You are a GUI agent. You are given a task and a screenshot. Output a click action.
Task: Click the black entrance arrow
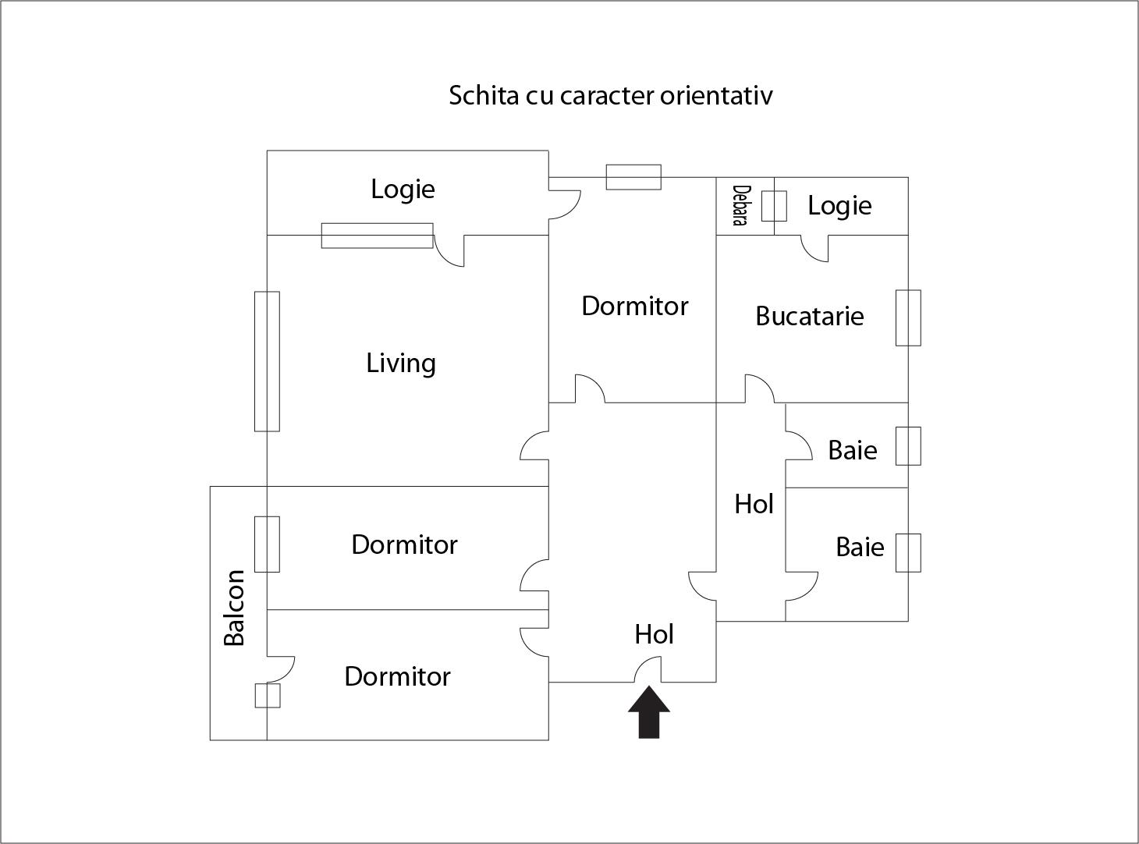(649, 712)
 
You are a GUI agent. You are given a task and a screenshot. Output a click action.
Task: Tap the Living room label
(401, 363)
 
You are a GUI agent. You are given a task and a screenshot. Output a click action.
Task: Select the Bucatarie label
(809, 316)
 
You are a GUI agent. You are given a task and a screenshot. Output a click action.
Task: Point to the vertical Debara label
(740, 206)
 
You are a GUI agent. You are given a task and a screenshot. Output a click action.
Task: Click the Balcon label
(234, 608)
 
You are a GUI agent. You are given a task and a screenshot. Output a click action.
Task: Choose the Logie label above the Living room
(403, 190)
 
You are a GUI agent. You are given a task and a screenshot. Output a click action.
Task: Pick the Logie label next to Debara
(839, 206)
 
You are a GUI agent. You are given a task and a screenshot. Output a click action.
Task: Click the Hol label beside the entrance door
(654, 634)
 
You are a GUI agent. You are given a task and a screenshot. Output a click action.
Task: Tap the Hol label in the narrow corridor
(754, 505)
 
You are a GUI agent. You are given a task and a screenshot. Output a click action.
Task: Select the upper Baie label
(852, 450)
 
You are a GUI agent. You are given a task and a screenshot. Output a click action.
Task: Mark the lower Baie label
(860, 548)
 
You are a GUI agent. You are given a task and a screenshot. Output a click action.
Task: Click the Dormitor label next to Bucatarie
(634, 306)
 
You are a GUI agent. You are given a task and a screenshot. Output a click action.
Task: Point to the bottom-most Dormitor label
(397, 676)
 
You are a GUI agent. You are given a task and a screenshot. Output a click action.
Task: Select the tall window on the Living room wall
(267, 361)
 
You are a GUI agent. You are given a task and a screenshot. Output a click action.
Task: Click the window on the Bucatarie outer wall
(908, 317)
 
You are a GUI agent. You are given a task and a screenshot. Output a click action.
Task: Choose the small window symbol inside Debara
(774, 206)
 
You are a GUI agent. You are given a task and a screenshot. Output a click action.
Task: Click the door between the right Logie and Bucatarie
(814, 248)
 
